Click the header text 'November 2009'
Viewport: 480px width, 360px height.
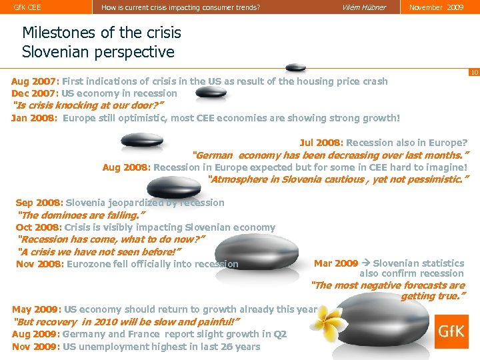pos(437,7)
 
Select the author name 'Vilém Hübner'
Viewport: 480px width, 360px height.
pos(363,7)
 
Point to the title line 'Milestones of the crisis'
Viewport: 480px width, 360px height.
pos(101,32)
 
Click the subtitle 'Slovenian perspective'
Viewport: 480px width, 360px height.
pos(98,51)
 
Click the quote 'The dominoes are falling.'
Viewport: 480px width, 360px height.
pos(79,215)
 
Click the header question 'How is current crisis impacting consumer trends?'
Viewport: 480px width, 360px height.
pos(181,7)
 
